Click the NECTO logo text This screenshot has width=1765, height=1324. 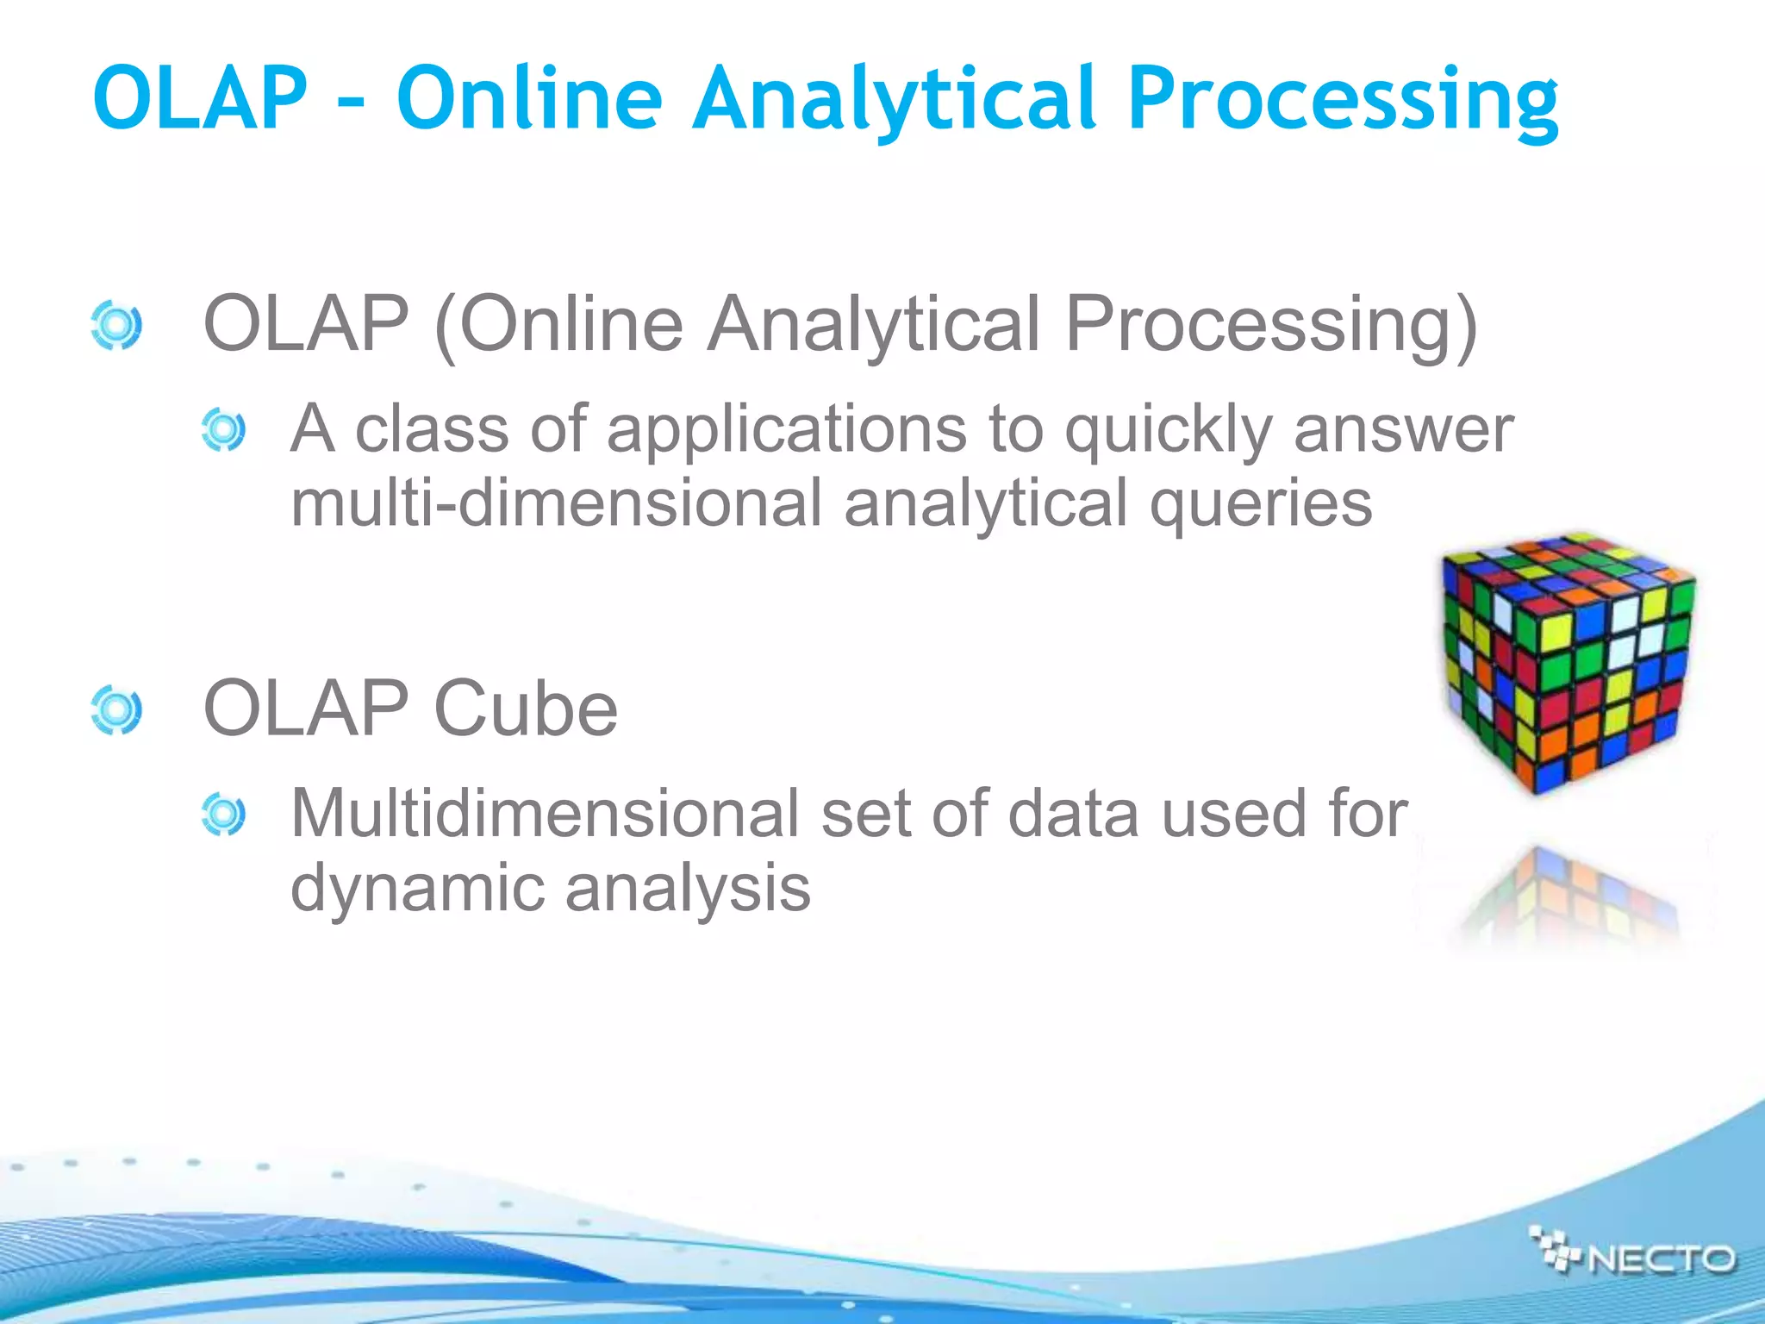(1661, 1259)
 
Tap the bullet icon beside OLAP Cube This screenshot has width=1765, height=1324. (115, 710)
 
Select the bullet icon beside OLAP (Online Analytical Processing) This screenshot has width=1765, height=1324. (115, 325)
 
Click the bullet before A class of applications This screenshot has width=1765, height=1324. (223, 430)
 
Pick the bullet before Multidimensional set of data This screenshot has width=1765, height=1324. (223, 815)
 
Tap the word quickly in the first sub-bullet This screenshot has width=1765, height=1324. (1168, 430)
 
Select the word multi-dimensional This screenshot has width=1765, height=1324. (557, 504)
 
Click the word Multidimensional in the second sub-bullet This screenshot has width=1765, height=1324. (545, 814)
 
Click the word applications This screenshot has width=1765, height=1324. (787, 430)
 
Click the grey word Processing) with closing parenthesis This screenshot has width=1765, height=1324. (1271, 325)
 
